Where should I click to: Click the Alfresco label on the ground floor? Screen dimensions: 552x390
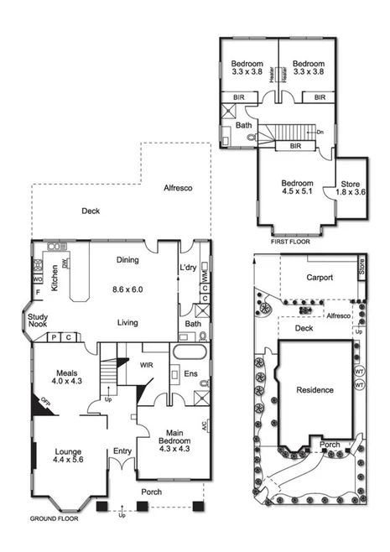click(x=178, y=188)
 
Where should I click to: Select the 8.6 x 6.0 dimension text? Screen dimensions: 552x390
click(x=127, y=289)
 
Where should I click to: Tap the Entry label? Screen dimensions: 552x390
click(x=122, y=451)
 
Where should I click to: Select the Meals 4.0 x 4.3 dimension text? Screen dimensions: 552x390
click(x=67, y=382)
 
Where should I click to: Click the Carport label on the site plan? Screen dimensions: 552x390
click(x=319, y=277)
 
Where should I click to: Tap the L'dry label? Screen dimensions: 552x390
click(x=189, y=267)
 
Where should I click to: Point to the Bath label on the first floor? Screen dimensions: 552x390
click(x=244, y=126)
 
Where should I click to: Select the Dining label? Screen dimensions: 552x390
click(x=127, y=260)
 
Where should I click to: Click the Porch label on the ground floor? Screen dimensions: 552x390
click(x=151, y=492)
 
